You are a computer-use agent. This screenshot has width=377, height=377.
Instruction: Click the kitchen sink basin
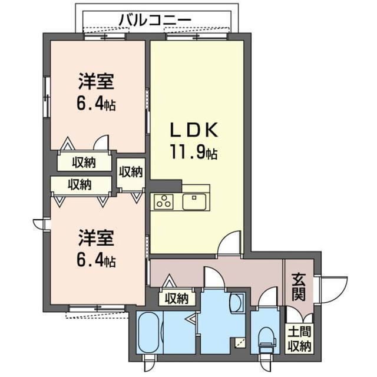pyautogui.click(x=195, y=202)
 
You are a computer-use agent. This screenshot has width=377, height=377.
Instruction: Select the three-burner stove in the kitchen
pyautogui.click(x=164, y=202)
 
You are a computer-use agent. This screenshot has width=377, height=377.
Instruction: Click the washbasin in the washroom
pyautogui.click(x=239, y=304)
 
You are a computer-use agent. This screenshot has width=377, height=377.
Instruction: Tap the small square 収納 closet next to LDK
pyautogui.click(x=131, y=171)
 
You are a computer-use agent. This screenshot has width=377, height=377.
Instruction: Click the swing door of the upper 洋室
pyautogui.click(x=101, y=144)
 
